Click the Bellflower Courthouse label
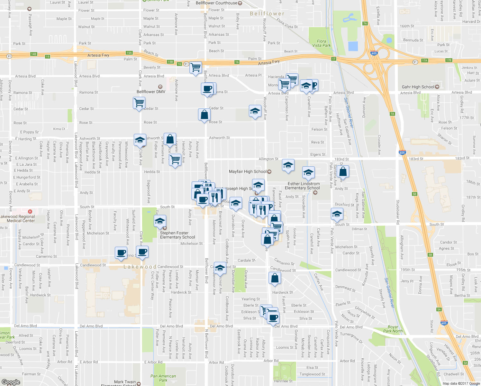point(216,3)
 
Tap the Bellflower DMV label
point(151,92)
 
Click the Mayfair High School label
point(248,171)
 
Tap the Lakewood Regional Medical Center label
point(18,219)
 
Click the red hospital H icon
point(30,212)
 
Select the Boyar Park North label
point(393,329)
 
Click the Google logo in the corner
point(11,382)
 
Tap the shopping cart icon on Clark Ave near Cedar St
point(139,103)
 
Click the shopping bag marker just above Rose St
point(204,115)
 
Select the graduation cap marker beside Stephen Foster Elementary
point(160,221)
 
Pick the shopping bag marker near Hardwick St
point(275,278)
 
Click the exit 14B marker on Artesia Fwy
point(33,54)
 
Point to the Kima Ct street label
point(59,129)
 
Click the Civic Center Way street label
point(153,286)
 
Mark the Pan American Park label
point(163,378)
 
